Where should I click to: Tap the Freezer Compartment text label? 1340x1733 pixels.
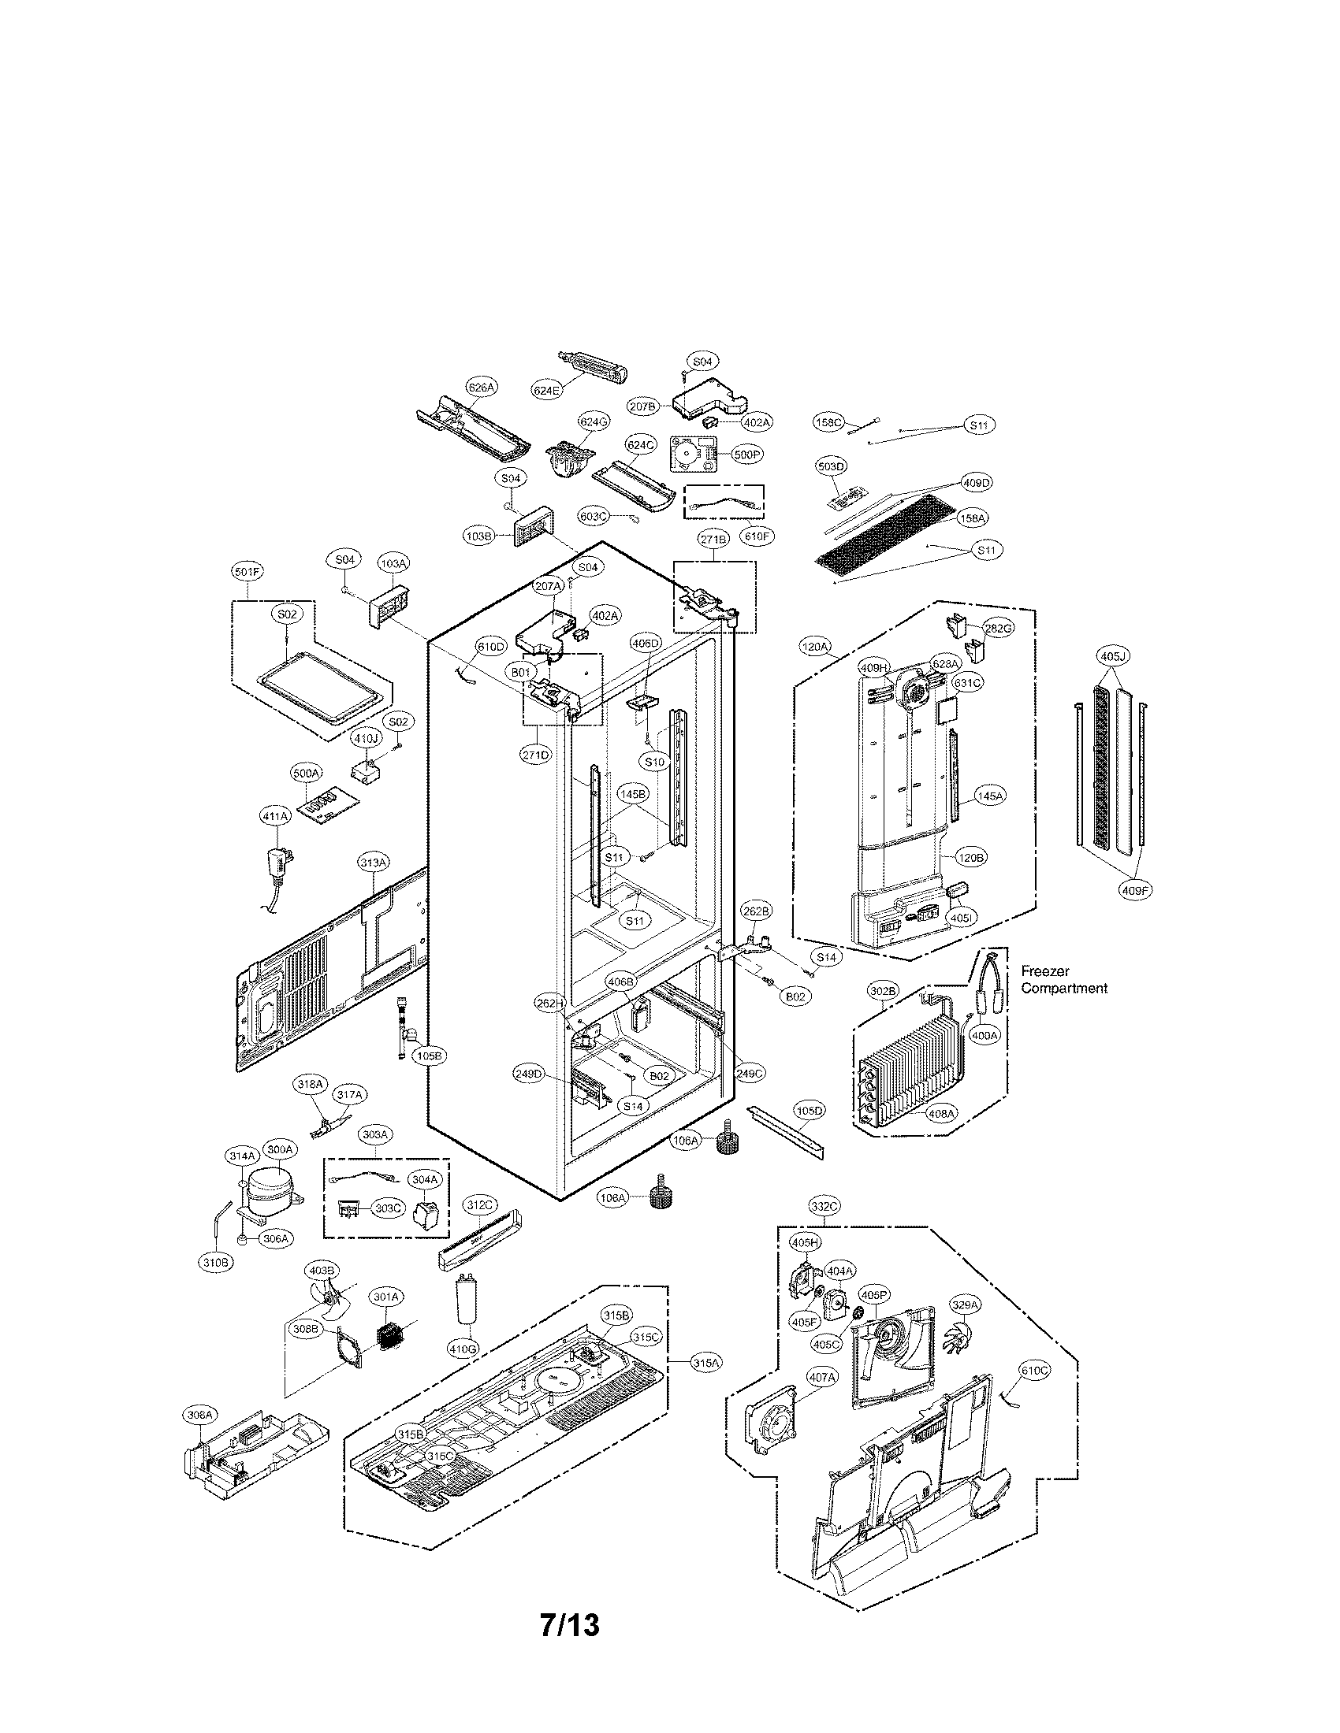click(x=1064, y=980)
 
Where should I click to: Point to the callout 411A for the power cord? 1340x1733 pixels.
click(x=274, y=815)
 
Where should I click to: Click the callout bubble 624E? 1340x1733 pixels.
click(x=548, y=391)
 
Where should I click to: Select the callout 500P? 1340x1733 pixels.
click(x=747, y=455)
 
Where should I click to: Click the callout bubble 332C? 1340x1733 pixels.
click(x=823, y=1207)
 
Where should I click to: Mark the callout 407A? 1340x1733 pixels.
click(x=821, y=1379)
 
